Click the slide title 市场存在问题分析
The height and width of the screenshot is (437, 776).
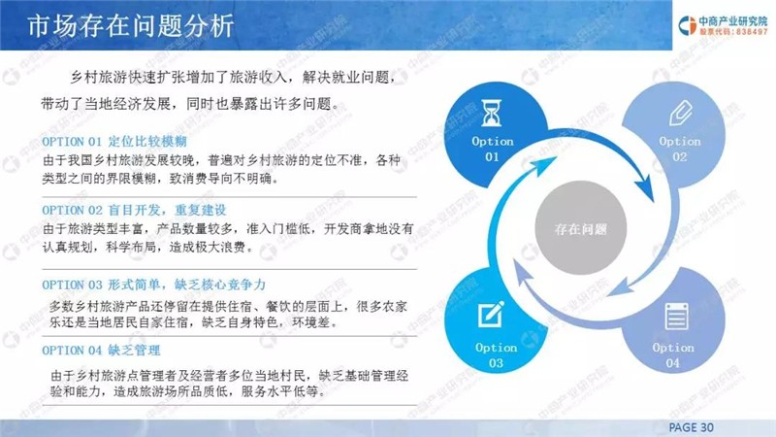[x=131, y=26]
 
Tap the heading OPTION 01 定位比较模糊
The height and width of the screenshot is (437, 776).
[x=114, y=142]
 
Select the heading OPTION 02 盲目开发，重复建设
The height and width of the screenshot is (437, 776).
[x=134, y=210]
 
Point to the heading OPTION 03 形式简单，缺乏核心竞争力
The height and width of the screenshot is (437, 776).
[x=154, y=285]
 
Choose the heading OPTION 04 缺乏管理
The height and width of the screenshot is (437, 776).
[x=101, y=351]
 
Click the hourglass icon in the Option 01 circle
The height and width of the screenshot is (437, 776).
[x=491, y=113]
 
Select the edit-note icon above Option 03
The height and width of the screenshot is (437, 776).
[x=492, y=314]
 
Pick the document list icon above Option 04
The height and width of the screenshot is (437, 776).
[x=676, y=317]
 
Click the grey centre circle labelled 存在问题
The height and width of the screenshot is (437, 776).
[x=580, y=228]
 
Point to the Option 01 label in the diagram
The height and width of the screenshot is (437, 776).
[x=493, y=150]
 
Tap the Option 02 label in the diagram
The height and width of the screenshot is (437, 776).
[x=680, y=150]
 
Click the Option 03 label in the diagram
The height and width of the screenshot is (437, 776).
[x=496, y=355]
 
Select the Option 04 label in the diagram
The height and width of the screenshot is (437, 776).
[x=672, y=355]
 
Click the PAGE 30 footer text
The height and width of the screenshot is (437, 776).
[x=691, y=427]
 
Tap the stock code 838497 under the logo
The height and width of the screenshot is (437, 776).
[x=752, y=32]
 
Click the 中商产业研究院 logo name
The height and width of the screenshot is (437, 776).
[x=733, y=21]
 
